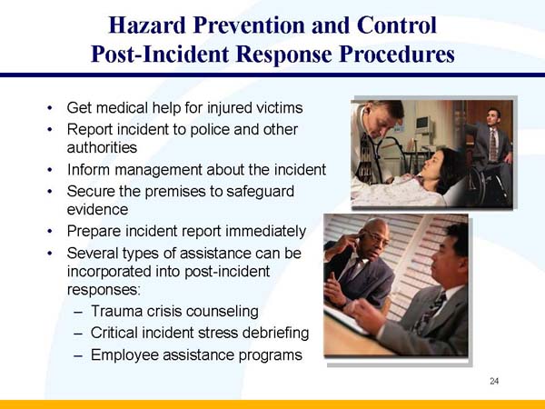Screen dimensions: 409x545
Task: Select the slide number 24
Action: (x=494, y=381)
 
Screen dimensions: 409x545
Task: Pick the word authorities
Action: (x=102, y=146)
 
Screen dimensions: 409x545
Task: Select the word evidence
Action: (x=97, y=208)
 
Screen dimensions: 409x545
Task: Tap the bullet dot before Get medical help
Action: (x=49, y=109)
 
